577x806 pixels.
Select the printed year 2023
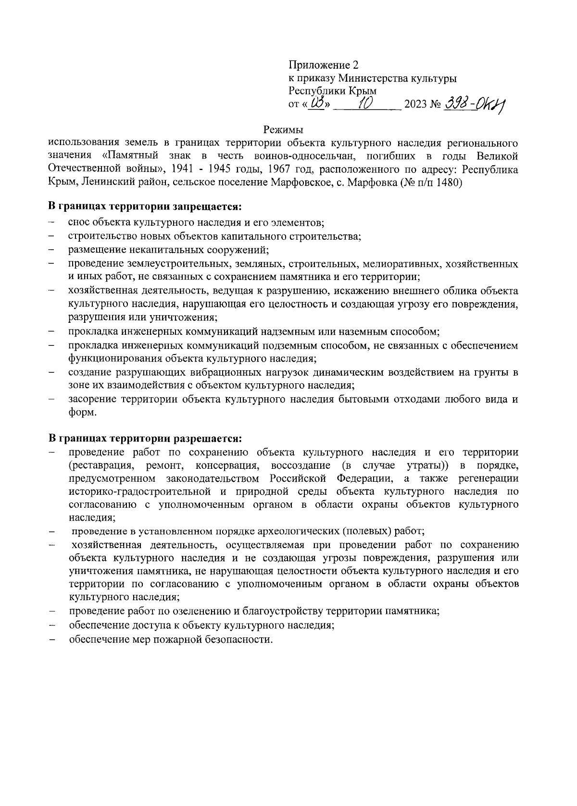(x=415, y=104)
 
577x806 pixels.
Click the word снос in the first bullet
(x=78, y=223)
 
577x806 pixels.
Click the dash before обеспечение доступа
(x=52, y=626)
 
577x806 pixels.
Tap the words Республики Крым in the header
(x=332, y=91)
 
